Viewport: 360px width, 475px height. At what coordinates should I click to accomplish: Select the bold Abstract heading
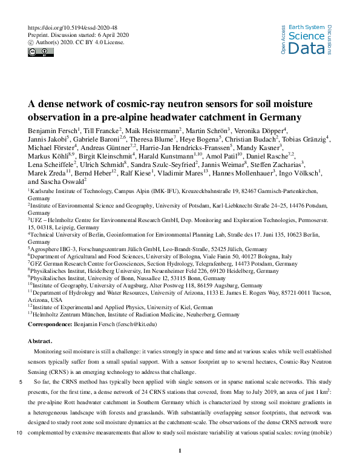click(x=41, y=341)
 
